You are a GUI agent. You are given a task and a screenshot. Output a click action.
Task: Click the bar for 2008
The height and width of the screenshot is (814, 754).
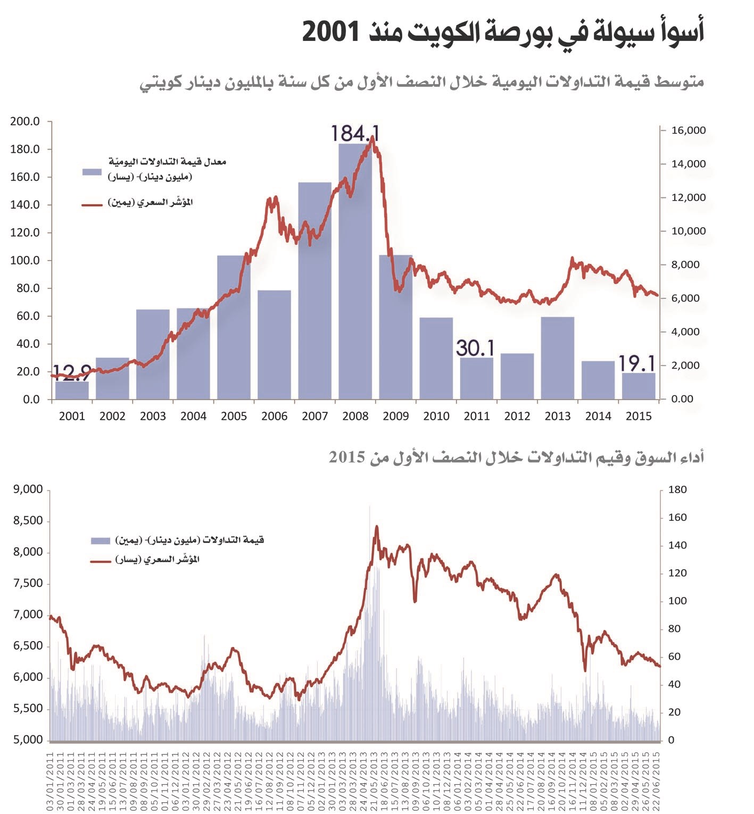pos(355,271)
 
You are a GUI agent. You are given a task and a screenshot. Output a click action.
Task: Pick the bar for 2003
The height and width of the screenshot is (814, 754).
pos(153,354)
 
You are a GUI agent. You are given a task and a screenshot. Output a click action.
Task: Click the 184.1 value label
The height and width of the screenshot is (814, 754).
pos(354,134)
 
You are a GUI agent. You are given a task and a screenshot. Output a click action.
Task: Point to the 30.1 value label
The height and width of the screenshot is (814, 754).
pos(475,348)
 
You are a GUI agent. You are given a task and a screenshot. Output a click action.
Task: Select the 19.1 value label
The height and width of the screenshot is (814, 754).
pos(636,363)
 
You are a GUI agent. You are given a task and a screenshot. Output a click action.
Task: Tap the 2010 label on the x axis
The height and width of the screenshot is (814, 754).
pos(436,416)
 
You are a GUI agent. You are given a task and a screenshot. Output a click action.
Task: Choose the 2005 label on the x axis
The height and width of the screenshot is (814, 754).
pos(234,416)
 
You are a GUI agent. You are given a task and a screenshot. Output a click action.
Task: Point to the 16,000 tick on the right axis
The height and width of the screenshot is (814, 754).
pos(688,130)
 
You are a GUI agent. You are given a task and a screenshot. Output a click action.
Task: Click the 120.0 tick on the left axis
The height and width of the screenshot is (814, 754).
pos(25,232)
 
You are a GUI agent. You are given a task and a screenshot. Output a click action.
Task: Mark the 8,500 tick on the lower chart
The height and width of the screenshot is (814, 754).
pos(28,521)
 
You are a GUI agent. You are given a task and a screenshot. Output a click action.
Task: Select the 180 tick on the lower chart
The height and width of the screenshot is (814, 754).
pos(677,490)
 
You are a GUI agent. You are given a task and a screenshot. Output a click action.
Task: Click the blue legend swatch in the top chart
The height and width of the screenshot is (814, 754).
pos(92,172)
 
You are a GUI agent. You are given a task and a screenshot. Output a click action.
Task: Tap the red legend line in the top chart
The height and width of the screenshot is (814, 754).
pos(92,205)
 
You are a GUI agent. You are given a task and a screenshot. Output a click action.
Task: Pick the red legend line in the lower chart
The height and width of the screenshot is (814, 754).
pos(101,561)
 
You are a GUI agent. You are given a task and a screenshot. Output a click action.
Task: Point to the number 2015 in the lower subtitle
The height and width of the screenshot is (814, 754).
pos(346,458)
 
